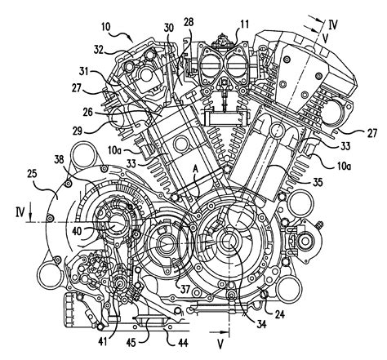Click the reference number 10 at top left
pos(107,27)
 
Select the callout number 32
pos(100,50)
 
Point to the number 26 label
pos(87,112)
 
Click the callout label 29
pos(78,131)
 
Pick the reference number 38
pos(60,159)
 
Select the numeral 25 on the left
pos(32,174)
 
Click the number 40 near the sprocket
pos(77,231)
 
